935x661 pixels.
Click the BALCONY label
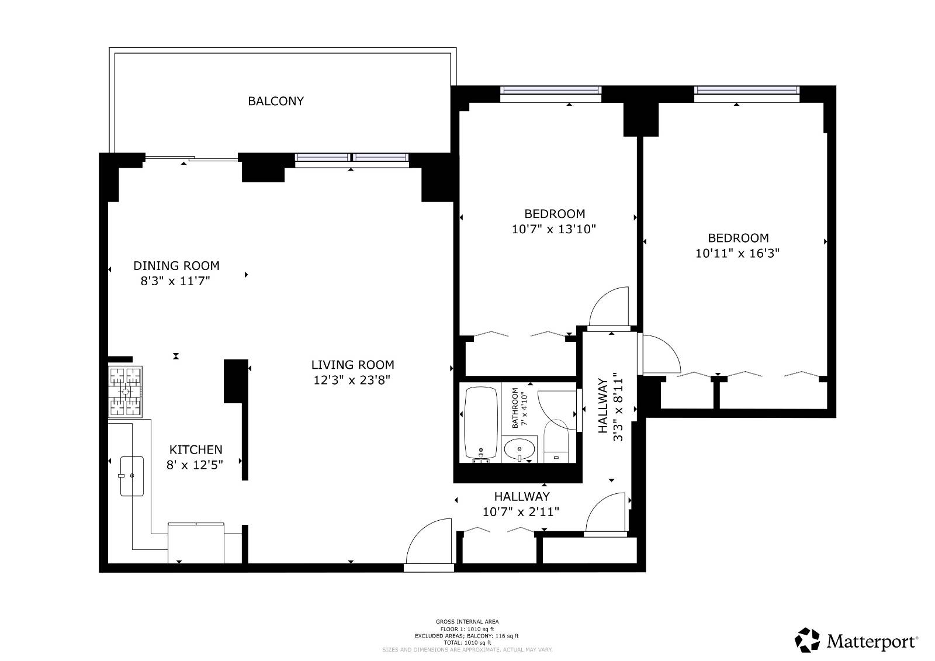pyautogui.click(x=276, y=101)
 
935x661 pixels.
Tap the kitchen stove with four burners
pyautogui.click(x=126, y=392)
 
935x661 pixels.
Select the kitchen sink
pyautogui.click(x=132, y=476)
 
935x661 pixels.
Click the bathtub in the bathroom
pyautogui.click(x=480, y=424)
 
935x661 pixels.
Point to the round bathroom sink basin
pyautogui.click(x=519, y=451)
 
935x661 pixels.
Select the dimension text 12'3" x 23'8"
pyautogui.click(x=352, y=380)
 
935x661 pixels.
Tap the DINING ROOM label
pyautogui.click(x=176, y=265)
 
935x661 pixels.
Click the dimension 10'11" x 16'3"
pyautogui.click(x=737, y=254)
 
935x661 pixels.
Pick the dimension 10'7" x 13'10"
pyautogui.click(x=553, y=229)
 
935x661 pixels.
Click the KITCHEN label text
pyautogui.click(x=196, y=449)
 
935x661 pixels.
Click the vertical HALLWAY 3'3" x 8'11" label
pyautogui.click(x=610, y=406)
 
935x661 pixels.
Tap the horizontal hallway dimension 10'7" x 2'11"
pyautogui.click(x=521, y=512)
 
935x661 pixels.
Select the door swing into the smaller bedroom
pyautogui.click(x=610, y=307)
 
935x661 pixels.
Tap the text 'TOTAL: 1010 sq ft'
pyautogui.click(x=467, y=642)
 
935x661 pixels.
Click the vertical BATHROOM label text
pyautogui.click(x=515, y=407)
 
